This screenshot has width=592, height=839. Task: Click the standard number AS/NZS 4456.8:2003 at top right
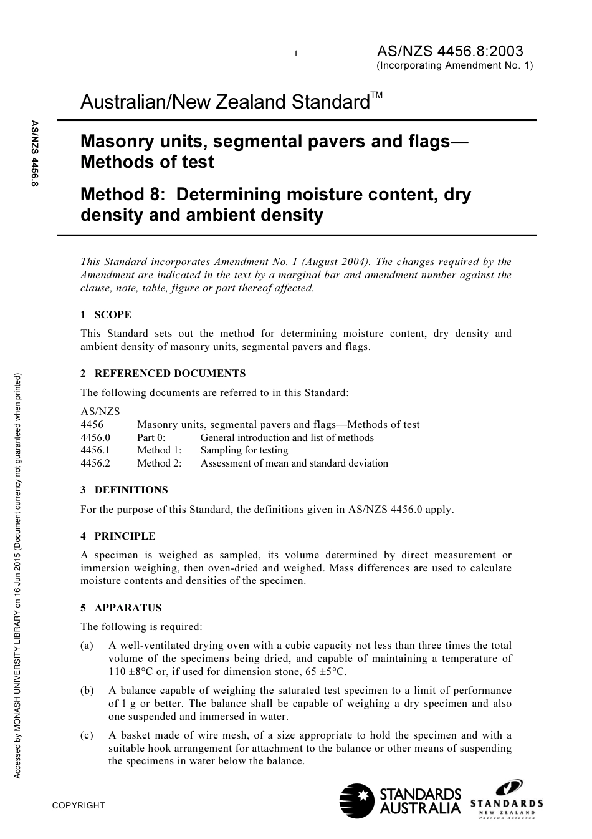[450, 51]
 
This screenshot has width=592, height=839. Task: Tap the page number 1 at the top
[296, 54]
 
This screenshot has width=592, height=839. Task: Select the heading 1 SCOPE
[106, 314]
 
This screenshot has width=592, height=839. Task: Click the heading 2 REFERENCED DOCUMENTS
[163, 373]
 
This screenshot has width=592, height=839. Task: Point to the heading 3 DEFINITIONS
[124, 490]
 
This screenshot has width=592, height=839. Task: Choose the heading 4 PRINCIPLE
[118, 536]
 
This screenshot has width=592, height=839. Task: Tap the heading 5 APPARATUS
[121, 608]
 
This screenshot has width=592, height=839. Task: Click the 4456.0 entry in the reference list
[95, 437]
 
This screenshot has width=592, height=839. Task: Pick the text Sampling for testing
[244, 450]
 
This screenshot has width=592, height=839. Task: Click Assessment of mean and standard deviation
[294, 463]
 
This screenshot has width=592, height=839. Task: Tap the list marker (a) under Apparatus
[87, 646]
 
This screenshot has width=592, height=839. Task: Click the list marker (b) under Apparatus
[87, 691]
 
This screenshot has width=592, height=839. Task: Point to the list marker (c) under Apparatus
[87, 735]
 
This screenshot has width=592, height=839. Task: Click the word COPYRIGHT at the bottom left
[79, 805]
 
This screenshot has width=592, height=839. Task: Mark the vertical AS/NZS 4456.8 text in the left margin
[35, 153]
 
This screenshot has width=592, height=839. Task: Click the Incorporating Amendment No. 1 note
[455, 65]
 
